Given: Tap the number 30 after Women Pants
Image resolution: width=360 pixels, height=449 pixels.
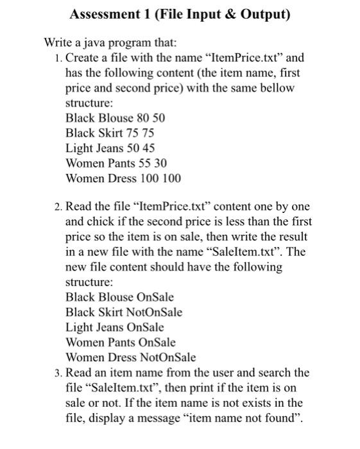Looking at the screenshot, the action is (x=159, y=163).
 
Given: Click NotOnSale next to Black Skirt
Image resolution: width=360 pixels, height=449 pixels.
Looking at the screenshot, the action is (x=153, y=312).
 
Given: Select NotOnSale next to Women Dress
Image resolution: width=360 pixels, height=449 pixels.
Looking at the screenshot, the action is (x=166, y=357).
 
